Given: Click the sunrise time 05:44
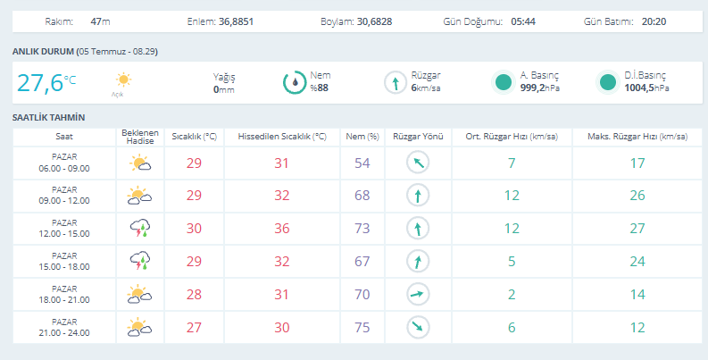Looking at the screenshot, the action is (x=523, y=21).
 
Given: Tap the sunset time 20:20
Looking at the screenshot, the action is (x=654, y=21).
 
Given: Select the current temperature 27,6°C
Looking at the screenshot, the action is (x=46, y=83).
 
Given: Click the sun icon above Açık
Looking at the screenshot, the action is (x=123, y=80).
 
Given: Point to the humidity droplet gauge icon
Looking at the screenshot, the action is (x=295, y=83).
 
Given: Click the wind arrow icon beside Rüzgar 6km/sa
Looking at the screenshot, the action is (x=396, y=83).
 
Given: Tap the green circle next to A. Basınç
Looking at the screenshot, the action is (x=504, y=83).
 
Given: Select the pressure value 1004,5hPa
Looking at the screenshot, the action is (x=646, y=88).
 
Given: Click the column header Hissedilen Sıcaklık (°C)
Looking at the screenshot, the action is (x=282, y=137).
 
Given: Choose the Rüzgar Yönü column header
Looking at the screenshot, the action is (x=418, y=137).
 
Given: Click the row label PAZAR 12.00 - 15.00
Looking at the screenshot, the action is (x=64, y=229).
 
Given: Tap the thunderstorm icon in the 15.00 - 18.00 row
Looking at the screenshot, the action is (x=140, y=261).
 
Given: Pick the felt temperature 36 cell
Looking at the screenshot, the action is (x=282, y=228).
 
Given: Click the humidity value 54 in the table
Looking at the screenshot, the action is (x=362, y=163).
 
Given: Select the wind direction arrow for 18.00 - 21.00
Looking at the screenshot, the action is (x=418, y=295).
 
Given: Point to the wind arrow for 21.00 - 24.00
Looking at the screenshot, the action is (x=418, y=328).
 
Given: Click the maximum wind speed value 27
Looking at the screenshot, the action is (x=637, y=228).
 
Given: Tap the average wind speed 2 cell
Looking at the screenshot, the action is (x=512, y=295).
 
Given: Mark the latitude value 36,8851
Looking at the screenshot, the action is (x=237, y=21).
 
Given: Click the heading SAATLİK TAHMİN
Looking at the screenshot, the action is (x=49, y=117).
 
